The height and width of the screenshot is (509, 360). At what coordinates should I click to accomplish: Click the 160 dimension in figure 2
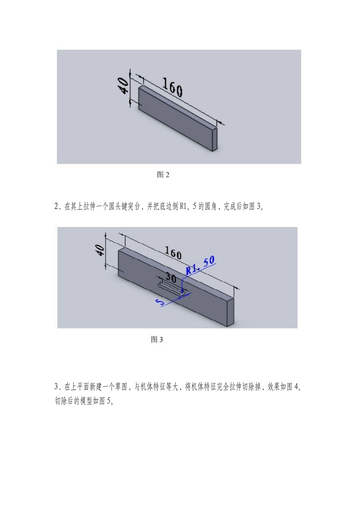(172, 87)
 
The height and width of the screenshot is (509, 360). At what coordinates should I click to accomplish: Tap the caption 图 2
(163, 175)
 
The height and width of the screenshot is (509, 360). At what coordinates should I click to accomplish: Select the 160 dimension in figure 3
(173, 253)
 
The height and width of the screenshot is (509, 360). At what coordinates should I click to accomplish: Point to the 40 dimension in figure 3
(100, 250)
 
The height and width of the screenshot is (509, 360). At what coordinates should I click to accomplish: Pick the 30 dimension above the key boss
(171, 278)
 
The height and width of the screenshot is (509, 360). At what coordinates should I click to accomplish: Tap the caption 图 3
(157, 339)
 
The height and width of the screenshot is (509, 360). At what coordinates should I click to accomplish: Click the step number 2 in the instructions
(56, 207)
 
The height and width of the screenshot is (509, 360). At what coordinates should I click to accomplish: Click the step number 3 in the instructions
(56, 387)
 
